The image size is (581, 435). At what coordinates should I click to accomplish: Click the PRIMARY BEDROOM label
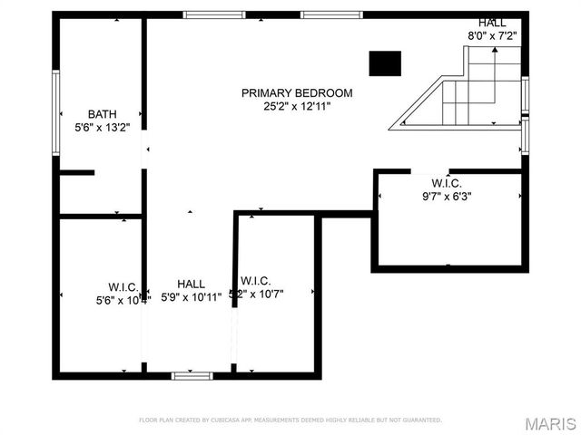point(297,92)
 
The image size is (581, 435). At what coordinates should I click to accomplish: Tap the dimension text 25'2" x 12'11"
point(290,106)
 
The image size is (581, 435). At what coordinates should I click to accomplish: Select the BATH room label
point(102,114)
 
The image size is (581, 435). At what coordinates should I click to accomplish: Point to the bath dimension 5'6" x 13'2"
point(102,128)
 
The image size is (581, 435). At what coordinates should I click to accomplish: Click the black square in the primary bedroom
point(385,63)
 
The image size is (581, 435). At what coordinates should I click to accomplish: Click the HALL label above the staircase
point(494,23)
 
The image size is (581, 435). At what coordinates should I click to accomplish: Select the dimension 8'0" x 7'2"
point(491,36)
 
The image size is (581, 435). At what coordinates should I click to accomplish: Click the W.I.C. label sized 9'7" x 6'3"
point(447,182)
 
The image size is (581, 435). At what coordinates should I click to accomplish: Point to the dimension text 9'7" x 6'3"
point(447,196)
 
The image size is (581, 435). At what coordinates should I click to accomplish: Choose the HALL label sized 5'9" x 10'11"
point(191,284)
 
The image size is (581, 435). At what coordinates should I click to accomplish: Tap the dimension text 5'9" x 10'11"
point(191,297)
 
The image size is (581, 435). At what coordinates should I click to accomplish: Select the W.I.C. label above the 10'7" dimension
point(255,281)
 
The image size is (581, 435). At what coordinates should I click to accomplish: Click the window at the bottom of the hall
point(192,374)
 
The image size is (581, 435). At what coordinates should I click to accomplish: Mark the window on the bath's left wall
point(56,112)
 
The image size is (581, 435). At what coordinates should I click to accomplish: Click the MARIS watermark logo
point(551,423)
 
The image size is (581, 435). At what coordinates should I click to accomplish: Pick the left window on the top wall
point(213,14)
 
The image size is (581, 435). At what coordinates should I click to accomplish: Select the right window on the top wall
point(331,14)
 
